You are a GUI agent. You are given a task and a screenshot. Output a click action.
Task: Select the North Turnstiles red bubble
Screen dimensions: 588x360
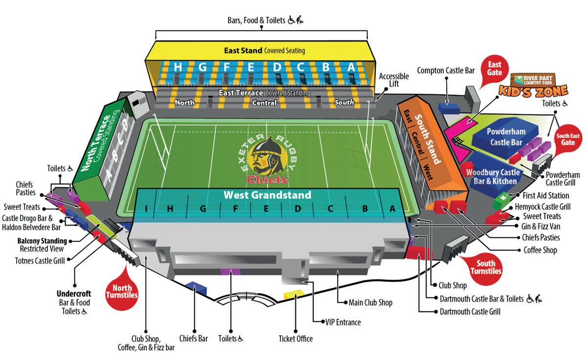pos(122,292)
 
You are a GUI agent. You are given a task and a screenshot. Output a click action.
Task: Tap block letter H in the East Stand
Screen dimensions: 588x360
pos(178,67)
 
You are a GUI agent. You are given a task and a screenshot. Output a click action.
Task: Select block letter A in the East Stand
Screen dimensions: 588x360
pos(351,67)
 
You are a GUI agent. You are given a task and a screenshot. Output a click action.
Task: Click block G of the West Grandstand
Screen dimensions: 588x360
pos(203,209)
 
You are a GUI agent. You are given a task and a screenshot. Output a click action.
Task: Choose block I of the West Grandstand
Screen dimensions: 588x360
pos(146,209)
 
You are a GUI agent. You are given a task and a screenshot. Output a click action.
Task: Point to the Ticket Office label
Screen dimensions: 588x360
pos(295,338)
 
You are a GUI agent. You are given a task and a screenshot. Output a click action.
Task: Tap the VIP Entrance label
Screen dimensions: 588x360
pos(343,322)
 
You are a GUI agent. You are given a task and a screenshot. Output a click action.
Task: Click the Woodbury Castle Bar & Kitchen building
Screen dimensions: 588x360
pos(492,177)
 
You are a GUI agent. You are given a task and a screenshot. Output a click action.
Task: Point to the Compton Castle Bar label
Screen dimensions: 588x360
pos(446,71)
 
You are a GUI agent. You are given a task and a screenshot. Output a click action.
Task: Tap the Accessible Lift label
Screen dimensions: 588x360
pos(394,80)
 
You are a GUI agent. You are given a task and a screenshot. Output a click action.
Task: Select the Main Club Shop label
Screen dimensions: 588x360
pos(370,302)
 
